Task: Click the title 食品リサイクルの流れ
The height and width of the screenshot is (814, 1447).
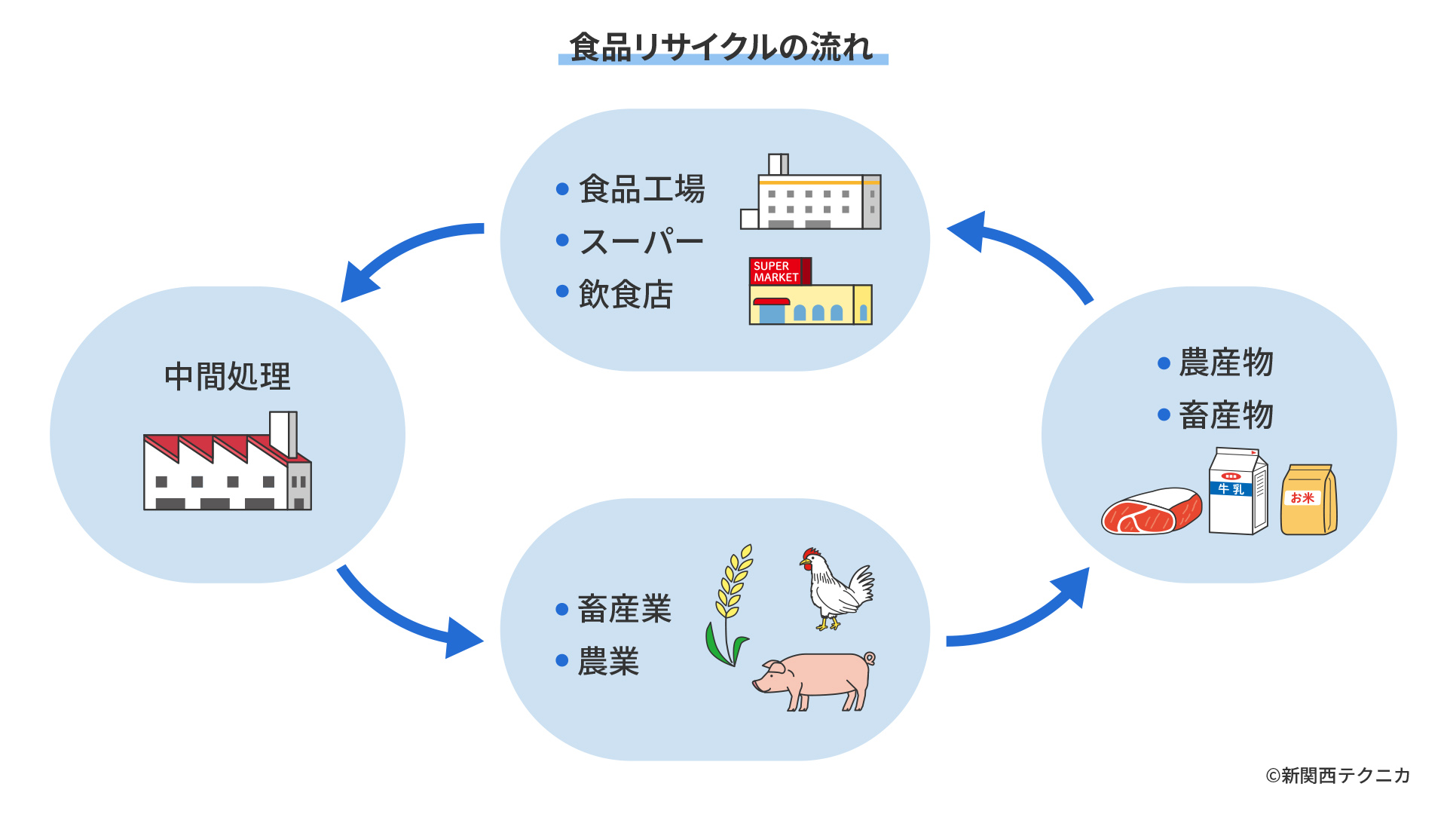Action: click(x=722, y=47)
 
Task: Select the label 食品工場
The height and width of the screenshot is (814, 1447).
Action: click(x=641, y=188)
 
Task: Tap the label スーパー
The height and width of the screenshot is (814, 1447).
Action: click(x=641, y=241)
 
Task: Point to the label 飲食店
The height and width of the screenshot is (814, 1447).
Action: click(x=626, y=294)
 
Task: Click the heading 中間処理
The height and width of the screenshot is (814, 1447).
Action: click(x=227, y=376)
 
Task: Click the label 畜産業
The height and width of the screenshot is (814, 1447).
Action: click(x=624, y=609)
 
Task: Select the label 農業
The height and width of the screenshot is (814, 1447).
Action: click(x=608, y=662)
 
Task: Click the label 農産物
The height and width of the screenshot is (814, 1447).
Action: click(x=1225, y=363)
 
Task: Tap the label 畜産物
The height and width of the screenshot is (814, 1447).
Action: click(x=1225, y=415)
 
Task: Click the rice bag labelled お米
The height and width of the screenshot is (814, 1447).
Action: click(x=1308, y=500)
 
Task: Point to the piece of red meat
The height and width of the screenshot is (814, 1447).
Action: click(x=1151, y=512)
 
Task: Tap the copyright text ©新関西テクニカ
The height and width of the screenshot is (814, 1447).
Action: click(x=1337, y=776)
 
